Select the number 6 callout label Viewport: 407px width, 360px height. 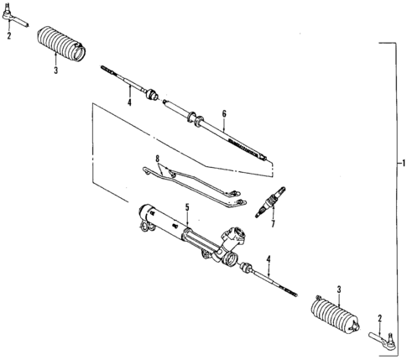click(224, 113)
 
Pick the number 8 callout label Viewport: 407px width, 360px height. click(157, 159)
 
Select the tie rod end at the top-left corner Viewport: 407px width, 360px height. click(9, 15)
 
